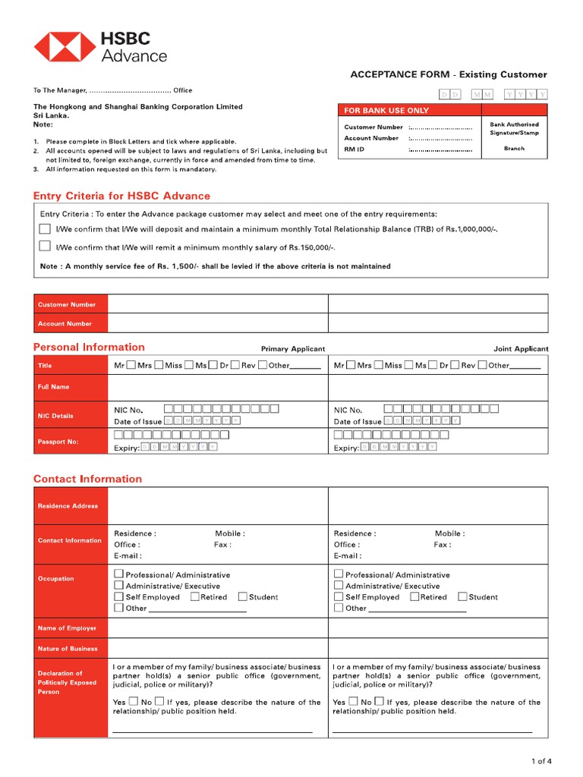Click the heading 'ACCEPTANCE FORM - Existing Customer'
448,74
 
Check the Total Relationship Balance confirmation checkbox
46,228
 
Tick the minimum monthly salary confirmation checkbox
46,246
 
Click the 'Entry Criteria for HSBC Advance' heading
121,196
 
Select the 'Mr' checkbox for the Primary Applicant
131,365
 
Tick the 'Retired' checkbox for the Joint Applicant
414,597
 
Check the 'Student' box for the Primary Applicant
243,597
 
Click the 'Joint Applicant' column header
521,349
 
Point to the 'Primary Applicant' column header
292,349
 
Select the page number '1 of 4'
540,761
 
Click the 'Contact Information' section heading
87,479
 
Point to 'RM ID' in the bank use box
355,149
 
